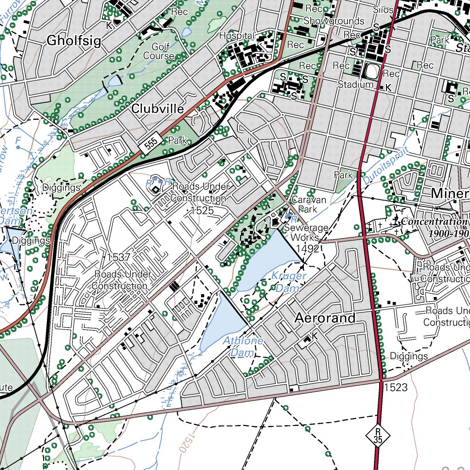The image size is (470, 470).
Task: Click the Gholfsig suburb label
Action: (73, 41)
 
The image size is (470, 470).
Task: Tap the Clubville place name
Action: (157, 109)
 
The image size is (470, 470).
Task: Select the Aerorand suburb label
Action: (325, 318)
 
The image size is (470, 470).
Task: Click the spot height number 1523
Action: (396, 387)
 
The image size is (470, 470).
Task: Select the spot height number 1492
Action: (308, 248)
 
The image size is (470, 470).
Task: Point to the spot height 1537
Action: (118, 257)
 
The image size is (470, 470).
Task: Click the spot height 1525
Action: (202, 211)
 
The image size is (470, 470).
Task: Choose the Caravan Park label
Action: (309, 204)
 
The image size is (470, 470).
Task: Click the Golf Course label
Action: (159, 51)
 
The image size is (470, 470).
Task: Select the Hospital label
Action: (237, 35)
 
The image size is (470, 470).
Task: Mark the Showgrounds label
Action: (334, 21)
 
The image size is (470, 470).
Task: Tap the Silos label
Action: (384, 10)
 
